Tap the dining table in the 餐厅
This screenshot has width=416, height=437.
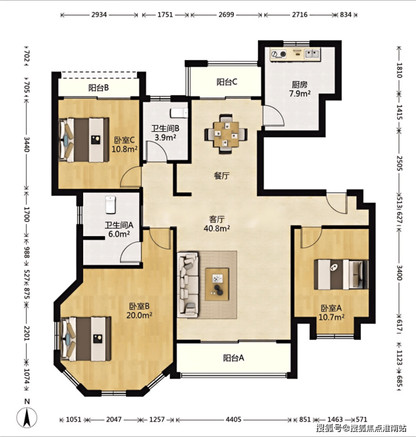[226, 134]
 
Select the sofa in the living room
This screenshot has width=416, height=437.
[188, 284]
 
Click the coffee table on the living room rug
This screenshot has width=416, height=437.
[217, 284]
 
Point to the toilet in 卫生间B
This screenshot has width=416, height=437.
[179, 113]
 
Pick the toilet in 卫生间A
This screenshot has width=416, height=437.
[110, 205]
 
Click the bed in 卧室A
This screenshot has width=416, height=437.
[341, 274]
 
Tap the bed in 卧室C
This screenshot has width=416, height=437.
[84, 139]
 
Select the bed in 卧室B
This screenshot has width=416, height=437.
[86, 339]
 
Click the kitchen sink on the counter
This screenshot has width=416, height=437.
[312, 53]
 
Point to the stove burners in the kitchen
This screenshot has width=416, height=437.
[279, 54]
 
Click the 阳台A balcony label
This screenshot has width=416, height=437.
[233, 358]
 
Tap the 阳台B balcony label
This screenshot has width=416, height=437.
[98, 88]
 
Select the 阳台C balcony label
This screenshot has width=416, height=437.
[227, 82]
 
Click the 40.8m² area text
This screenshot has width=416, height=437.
[217, 228]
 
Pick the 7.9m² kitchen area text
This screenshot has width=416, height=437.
[300, 93]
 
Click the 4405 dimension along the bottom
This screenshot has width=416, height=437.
[233, 420]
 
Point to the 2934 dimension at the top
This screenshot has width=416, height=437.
[99, 15]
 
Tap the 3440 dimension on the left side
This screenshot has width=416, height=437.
[27, 145]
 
